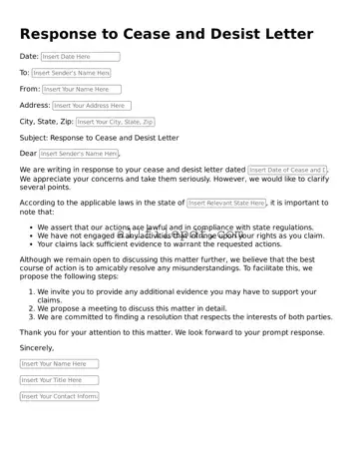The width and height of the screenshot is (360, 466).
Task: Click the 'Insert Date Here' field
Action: click(80, 57)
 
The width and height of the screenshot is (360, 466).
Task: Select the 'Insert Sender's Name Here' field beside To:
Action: click(71, 73)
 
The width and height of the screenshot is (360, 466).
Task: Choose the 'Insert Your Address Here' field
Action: click(91, 105)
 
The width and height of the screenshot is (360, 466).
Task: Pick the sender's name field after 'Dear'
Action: click(79, 154)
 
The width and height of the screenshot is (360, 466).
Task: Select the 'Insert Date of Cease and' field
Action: click(288, 171)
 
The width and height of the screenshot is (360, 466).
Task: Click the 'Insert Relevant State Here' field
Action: click(226, 204)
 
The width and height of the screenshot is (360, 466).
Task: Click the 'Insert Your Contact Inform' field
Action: click(59, 396)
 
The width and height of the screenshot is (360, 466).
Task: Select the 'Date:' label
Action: click(29, 57)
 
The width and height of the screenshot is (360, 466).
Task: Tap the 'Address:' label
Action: click(35, 105)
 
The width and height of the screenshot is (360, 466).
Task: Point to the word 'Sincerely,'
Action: click(37, 347)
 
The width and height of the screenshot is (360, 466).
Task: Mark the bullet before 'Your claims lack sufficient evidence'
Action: click(30, 243)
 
